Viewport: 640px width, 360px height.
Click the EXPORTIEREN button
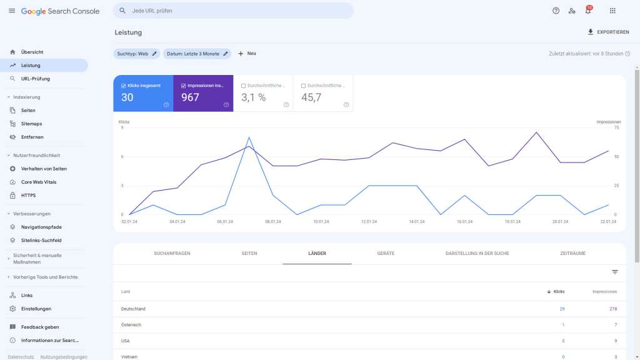click(608, 32)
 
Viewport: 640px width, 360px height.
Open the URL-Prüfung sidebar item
click(35, 79)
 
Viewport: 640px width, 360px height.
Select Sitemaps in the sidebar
click(32, 124)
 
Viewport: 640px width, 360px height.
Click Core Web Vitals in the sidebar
click(38, 182)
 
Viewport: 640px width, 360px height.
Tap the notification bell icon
click(587, 11)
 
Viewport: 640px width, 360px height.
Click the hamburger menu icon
click(12, 11)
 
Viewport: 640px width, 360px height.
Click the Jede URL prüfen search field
click(237, 11)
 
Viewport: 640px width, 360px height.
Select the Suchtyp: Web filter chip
click(136, 54)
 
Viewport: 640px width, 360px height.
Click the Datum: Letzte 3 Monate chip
click(197, 54)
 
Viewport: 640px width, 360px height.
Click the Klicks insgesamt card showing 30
click(143, 94)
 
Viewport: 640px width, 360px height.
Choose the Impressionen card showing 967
click(203, 94)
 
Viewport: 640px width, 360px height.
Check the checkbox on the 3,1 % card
click(243, 86)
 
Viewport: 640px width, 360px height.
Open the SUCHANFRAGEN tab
click(172, 253)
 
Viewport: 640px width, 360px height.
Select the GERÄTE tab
click(386, 253)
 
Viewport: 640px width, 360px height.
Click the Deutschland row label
click(133, 309)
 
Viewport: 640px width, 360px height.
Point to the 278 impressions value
click(612, 309)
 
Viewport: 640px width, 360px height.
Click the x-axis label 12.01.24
click(369, 221)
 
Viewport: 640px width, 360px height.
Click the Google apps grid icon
click(612, 11)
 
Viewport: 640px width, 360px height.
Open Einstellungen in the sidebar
click(36, 309)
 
